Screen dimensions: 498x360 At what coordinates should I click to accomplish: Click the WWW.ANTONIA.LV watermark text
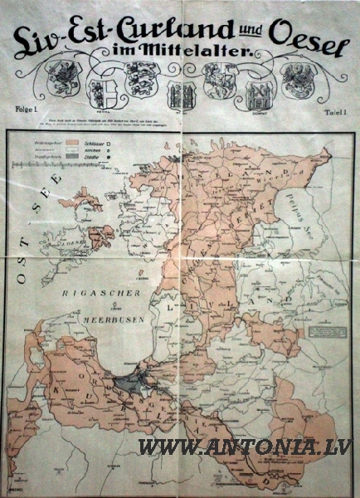pos(244,447)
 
